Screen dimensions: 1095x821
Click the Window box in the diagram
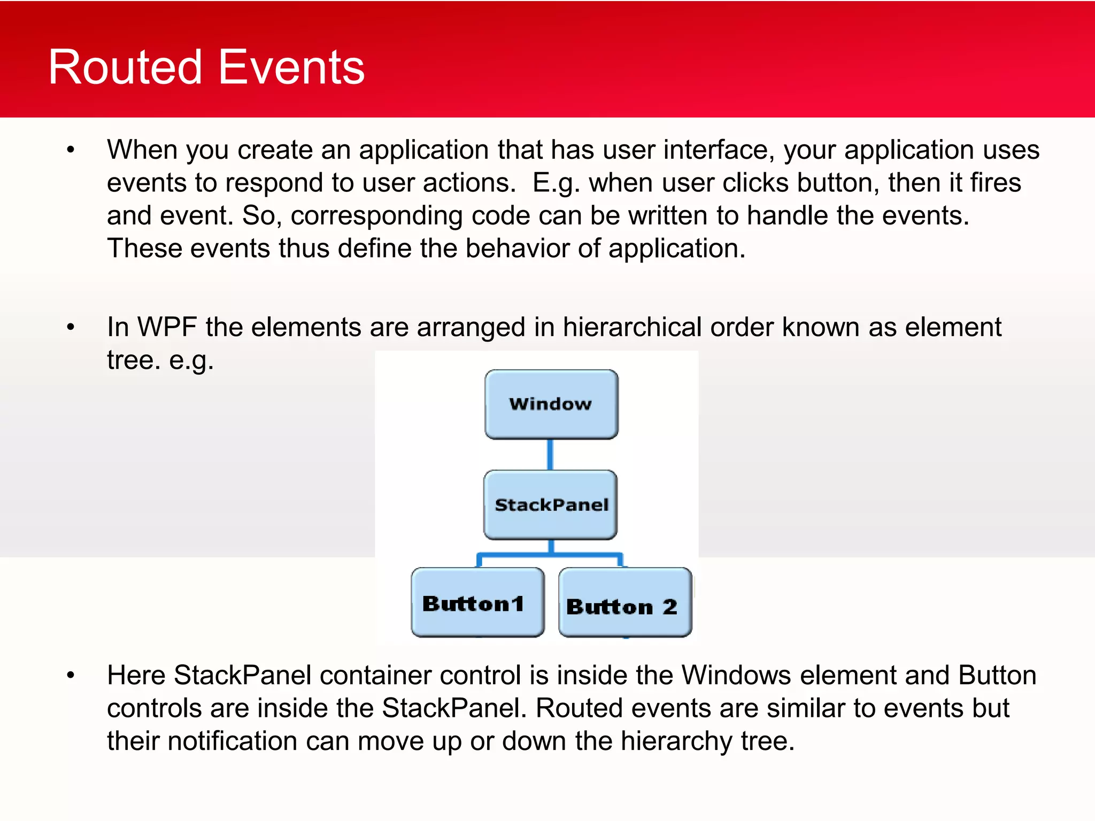[551, 404]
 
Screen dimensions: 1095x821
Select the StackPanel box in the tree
[551, 505]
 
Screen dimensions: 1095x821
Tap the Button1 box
[477, 602]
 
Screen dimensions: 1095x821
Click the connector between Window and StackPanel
[550, 454]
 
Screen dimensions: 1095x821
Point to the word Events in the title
[291, 67]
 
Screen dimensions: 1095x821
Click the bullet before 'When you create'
[71, 150]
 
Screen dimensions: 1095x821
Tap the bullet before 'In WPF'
[71, 327]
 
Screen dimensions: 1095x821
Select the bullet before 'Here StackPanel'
[71, 676]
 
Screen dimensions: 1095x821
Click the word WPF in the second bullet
[167, 327]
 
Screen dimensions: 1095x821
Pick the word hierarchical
[632, 327]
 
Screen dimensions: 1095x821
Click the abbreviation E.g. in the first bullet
[556, 183]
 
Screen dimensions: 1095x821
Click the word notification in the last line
[258, 741]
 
